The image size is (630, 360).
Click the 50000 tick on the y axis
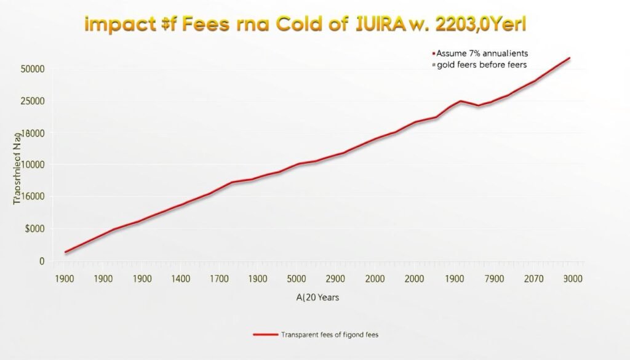33,69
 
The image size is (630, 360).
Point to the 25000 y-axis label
33,101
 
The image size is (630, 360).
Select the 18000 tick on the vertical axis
33,133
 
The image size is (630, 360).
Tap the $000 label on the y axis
34,229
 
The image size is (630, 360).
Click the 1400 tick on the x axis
180,278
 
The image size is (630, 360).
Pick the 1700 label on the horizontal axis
219,278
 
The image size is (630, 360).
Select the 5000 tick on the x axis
297,278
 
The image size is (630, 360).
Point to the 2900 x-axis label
335,278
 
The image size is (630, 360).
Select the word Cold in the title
303,25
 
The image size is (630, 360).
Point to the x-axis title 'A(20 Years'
317,297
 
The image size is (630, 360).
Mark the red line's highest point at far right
570,58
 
